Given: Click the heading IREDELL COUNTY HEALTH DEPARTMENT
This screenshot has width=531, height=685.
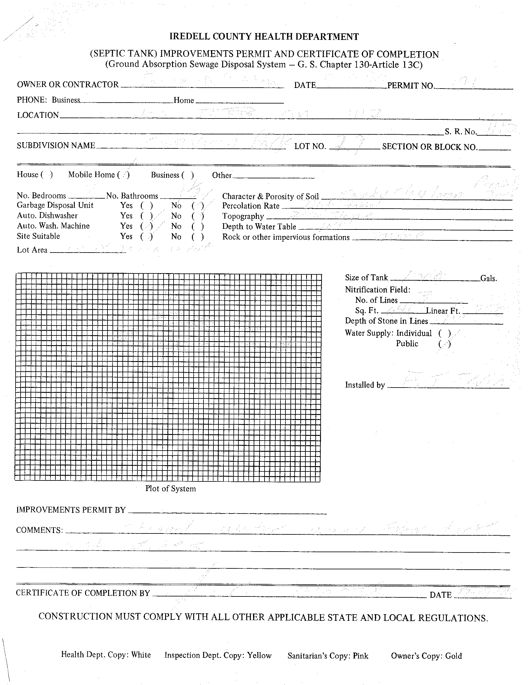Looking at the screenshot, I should coord(264,37).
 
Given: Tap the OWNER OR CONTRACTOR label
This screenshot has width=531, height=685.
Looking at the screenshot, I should coord(68,85).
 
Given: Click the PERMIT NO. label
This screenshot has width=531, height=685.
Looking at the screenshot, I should coord(411,86).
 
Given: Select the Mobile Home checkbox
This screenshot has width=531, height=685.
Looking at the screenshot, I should coord(123,175).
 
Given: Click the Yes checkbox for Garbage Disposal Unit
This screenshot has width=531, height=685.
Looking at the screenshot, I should coord(147,206).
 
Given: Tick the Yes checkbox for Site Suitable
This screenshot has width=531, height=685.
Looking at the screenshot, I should coord(147,237).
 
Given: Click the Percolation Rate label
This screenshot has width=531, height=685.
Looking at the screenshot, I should coord(251,206).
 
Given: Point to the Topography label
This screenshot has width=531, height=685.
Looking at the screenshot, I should coord(243,216).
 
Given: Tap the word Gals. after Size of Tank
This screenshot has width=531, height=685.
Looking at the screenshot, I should coord(489,278).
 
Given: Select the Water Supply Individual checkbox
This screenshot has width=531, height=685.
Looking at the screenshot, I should coord(445,333).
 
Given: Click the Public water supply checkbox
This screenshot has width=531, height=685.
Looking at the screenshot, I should coord(445,345).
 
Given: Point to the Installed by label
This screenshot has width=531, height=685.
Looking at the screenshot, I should coord(365,385).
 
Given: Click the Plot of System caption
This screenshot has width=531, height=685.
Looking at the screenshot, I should coord(170,489).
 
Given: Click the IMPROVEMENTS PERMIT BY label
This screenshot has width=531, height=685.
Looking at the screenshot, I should coord(71,510).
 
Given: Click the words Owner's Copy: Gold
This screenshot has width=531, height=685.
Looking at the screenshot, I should coord(426,656).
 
